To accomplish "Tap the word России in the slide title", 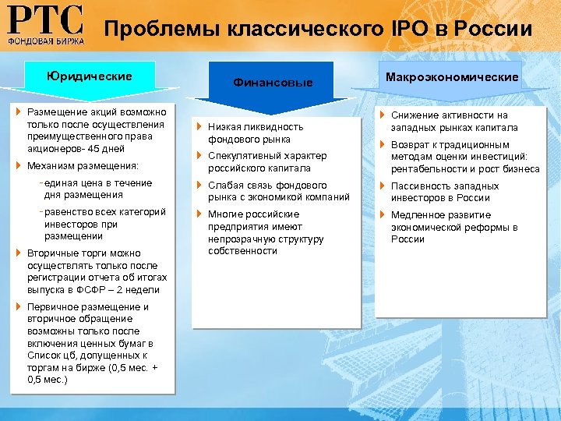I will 490,30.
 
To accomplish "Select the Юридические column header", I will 89,76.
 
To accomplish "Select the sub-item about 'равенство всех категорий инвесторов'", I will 99,224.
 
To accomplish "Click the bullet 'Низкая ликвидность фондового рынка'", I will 255,133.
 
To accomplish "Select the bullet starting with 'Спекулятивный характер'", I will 266,161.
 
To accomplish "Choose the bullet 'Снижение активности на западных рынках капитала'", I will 453,121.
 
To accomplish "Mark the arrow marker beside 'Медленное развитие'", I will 383,215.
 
